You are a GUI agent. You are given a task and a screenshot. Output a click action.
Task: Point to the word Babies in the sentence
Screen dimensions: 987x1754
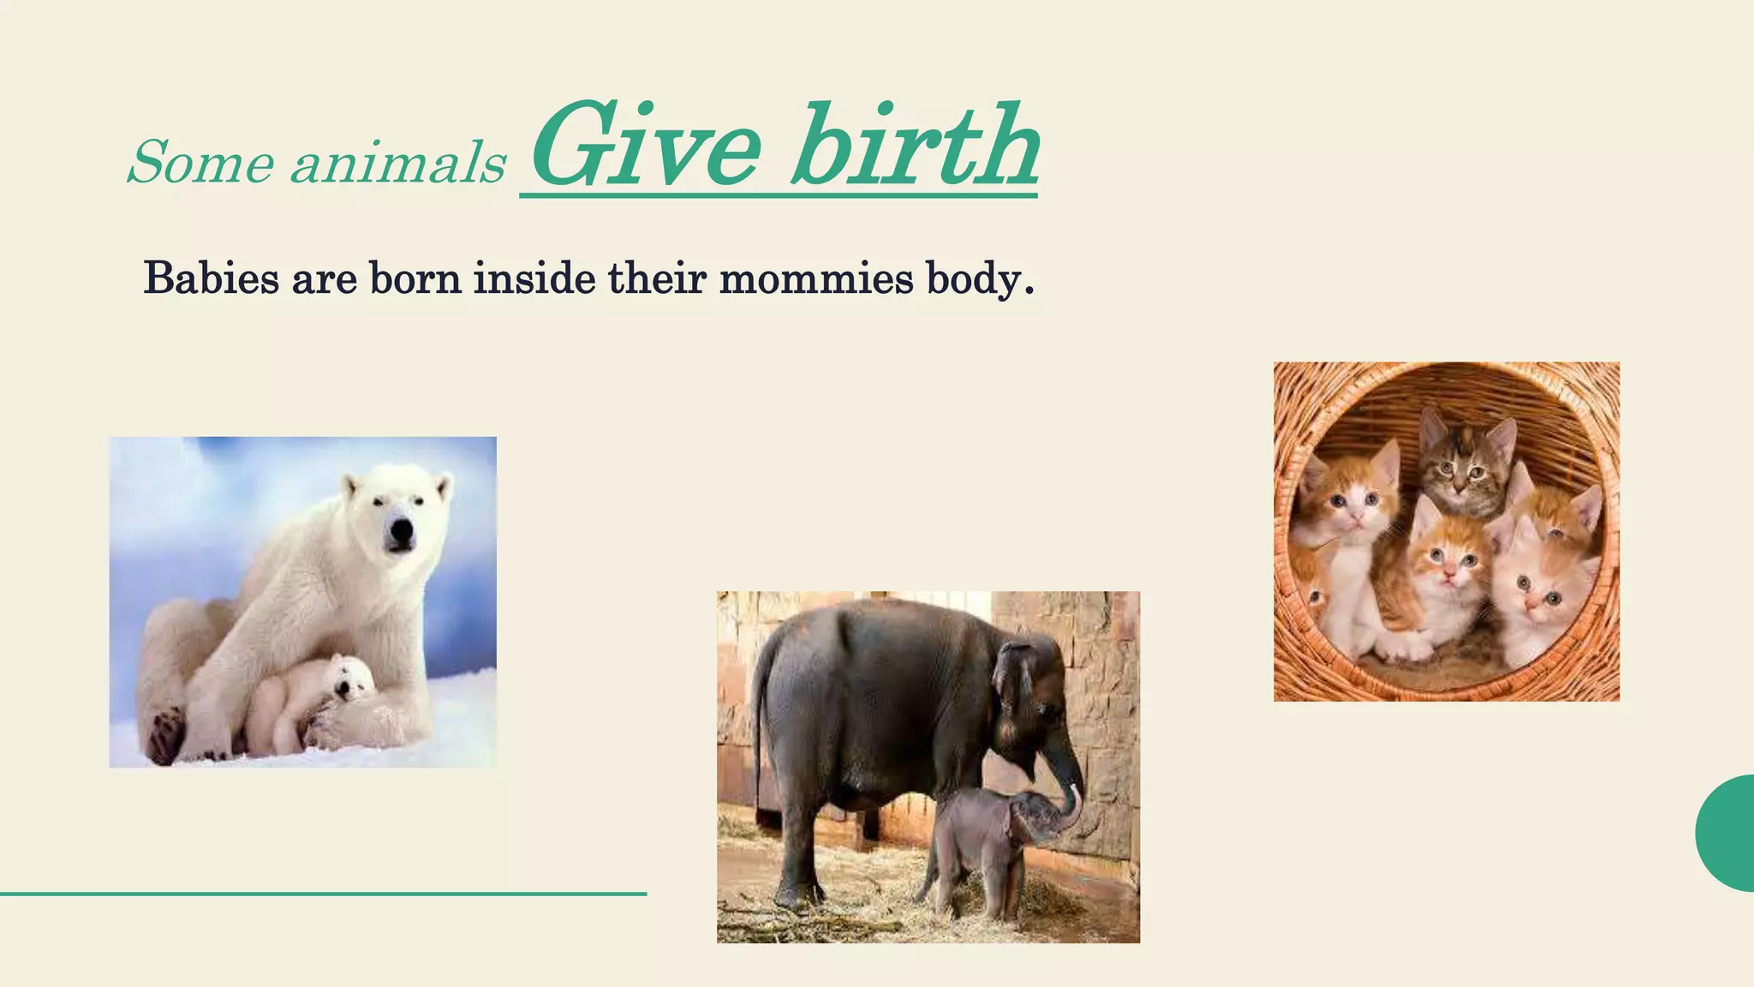tap(211, 279)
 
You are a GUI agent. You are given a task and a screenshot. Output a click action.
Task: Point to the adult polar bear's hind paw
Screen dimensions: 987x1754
tap(166, 733)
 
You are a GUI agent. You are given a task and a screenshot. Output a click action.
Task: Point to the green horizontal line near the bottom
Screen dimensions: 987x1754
tap(323, 894)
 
